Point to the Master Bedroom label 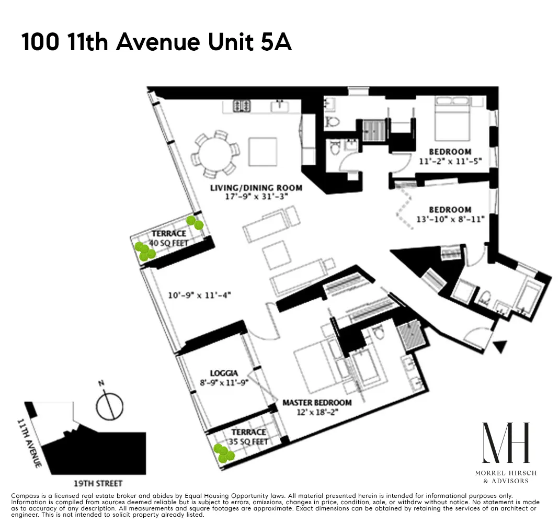pos(317,403)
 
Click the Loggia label pos(224,373)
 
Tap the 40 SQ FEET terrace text pos(169,243)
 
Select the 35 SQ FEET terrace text pos(248,441)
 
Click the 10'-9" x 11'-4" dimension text pos(200,295)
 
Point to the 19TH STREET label pos(99,484)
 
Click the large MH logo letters pos(505,444)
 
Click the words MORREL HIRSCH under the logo pos(505,473)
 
